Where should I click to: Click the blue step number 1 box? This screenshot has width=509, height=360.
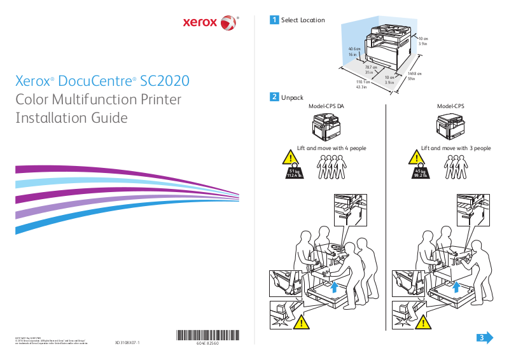[x=274, y=20]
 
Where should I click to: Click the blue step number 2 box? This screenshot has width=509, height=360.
[x=274, y=97]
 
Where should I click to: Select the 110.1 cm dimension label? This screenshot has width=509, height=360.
[x=363, y=84]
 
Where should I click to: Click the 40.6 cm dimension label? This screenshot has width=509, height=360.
[x=354, y=52]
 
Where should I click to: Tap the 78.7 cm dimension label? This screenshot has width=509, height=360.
[x=370, y=69]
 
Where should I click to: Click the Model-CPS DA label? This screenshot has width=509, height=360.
[x=326, y=106]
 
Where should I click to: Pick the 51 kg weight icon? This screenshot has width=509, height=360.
[x=293, y=174]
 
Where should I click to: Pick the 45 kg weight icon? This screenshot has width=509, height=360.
[x=419, y=174]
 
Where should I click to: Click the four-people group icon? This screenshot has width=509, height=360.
[x=331, y=169]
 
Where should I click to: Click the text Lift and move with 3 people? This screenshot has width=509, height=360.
[x=456, y=148]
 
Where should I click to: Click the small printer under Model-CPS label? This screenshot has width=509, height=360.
[x=450, y=125]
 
